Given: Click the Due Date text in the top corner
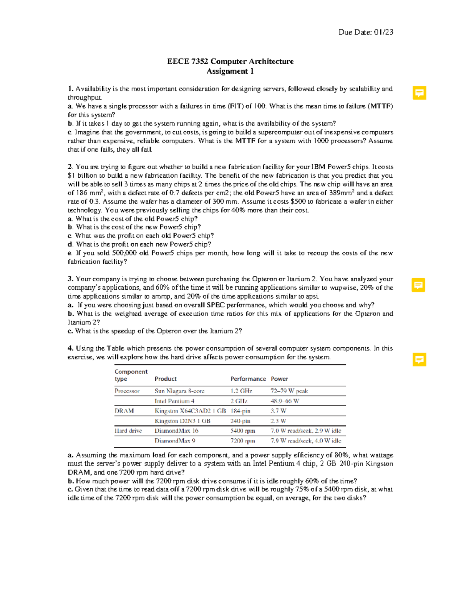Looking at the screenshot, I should (365, 32).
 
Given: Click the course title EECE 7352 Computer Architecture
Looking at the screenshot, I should (230, 61).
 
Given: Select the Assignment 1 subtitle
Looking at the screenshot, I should (230, 71).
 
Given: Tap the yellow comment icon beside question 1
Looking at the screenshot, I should (419, 93).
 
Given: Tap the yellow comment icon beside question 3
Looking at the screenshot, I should (418, 285).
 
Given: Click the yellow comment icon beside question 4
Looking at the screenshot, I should (419, 360).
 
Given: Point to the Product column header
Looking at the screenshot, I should (166, 379).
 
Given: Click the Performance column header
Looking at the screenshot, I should (248, 379).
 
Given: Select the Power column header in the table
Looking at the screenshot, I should (279, 379).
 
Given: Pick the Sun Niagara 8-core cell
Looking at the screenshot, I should (179, 391).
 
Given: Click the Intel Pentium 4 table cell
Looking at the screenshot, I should (174, 401).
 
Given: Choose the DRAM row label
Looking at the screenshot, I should (124, 411).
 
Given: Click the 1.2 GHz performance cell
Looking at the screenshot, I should (241, 391).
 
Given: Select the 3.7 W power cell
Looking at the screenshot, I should (279, 411).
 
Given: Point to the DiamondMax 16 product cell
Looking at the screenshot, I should (176, 431).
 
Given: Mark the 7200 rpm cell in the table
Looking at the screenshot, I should (242, 441).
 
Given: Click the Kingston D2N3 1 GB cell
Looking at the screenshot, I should (182, 421).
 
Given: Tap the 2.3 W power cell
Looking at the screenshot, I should (278, 421).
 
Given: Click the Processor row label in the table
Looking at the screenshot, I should (127, 391).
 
